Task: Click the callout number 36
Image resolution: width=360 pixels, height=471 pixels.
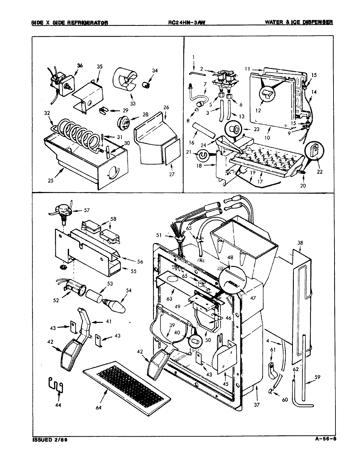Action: (80, 66)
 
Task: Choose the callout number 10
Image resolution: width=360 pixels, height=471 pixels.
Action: (267, 138)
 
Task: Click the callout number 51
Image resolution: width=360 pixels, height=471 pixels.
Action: (168, 234)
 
